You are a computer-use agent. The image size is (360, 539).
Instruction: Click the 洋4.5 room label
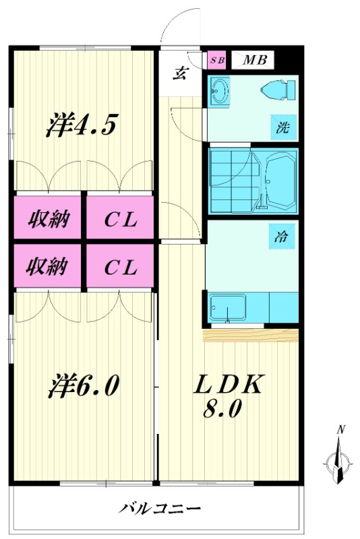[x=82, y=125]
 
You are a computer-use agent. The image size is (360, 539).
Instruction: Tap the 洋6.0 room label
[x=83, y=386]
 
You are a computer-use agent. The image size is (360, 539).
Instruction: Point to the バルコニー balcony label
[x=159, y=508]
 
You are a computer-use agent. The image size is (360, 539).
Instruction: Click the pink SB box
[x=217, y=60]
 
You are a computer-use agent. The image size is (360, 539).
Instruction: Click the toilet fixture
[x=278, y=90]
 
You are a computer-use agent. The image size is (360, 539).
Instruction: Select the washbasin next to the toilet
[x=220, y=91]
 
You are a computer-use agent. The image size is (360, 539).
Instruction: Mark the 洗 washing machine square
[x=283, y=127]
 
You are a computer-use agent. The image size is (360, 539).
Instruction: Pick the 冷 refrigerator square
[x=282, y=236]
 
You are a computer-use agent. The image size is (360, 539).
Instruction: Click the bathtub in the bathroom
[x=280, y=180]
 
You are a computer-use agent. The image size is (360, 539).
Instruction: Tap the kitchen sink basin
[x=228, y=307]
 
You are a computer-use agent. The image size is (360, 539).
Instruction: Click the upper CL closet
[x=120, y=217]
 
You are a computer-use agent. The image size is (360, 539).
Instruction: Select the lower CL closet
[x=120, y=265]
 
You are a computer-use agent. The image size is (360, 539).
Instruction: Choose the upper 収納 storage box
[x=47, y=217]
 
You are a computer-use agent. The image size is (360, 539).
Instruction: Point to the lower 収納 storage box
[x=47, y=265]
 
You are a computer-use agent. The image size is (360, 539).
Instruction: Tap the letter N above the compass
[x=340, y=429]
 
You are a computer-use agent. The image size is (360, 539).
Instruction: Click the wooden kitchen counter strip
[x=251, y=335]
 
